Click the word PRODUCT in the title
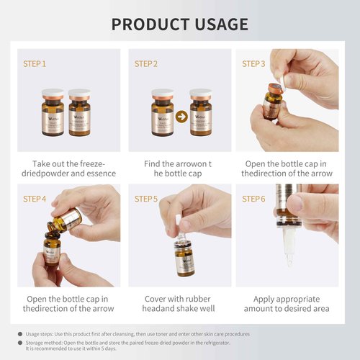point(150,24)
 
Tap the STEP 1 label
point(35,63)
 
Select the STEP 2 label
point(145,63)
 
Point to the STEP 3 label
point(253,63)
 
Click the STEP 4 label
point(35,199)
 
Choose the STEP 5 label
point(145,199)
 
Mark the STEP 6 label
point(253,199)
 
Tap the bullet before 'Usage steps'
point(19,334)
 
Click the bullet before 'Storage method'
point(19,343)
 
